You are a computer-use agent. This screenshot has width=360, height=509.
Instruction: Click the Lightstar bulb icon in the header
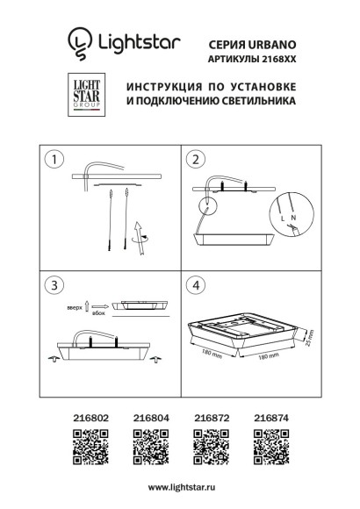tap(80, 40)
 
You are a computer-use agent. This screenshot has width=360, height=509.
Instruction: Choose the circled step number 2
tap(196, 160)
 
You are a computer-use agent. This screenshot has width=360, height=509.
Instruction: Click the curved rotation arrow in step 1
tap(140, 232)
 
